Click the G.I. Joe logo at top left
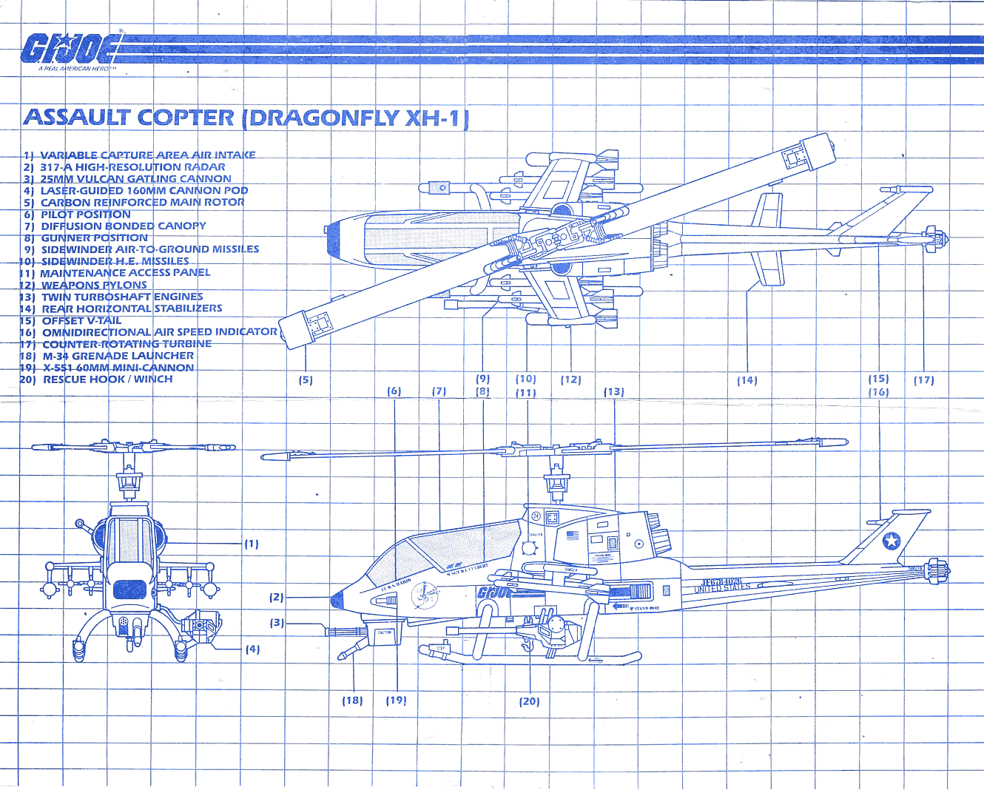point(70,50)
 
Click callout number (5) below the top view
point(306,380)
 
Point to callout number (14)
point(747,380)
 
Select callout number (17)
point(923,380)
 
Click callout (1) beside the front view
point(252,544)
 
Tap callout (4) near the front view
point(252,649)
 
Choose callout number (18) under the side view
point(352,700)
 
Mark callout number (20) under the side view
point(529,701)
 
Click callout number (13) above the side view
point(613,392)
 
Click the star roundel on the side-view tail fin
point(892,541)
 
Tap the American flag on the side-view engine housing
point(572,535)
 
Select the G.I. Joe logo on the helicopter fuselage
point(495,592)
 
